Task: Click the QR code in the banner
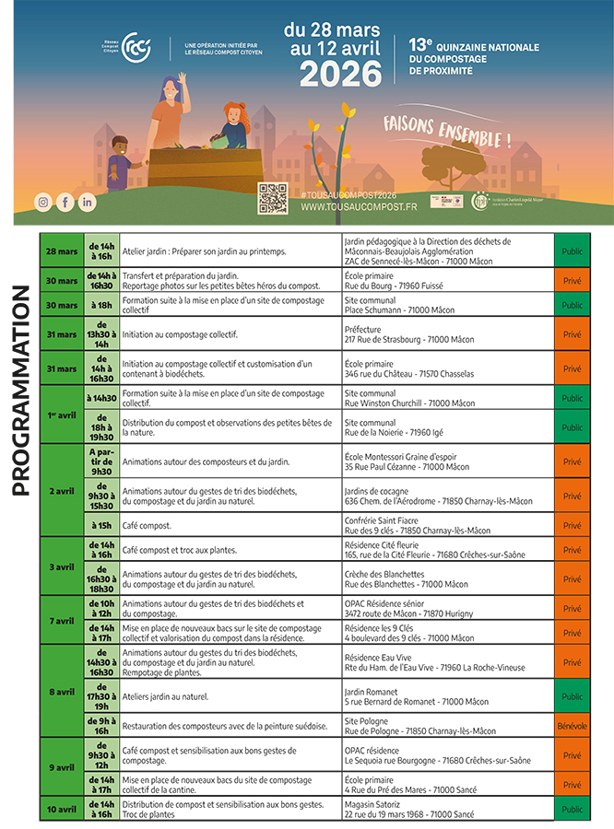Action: [x=273, y=199]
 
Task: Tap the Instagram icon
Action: [x=42, y=202]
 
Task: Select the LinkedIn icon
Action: [x=87, y=202]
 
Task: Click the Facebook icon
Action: [x=65, y=202]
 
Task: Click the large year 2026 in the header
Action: [x=333, y=73]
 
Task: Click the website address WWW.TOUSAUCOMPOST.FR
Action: [x=359, y=208]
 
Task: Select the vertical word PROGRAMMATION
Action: [x=22, y=391]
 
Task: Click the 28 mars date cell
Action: [x=62, y=251]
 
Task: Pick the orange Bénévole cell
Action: [x=572, y=726]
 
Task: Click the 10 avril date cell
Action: [x=62, y=810]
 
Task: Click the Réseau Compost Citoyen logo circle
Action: [x=136, y=45]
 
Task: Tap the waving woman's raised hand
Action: [x=183, y=78]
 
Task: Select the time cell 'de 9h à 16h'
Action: [x=101, y=726]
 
